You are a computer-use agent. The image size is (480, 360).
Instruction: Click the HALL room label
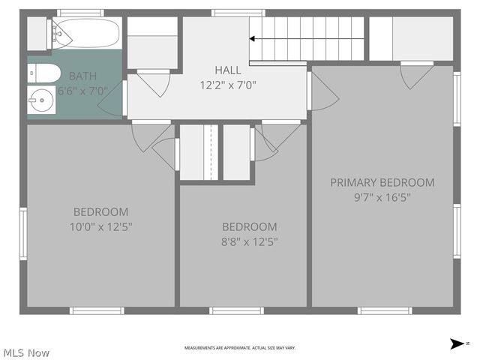point(228,70)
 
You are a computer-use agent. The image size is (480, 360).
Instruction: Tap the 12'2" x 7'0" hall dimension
point(228,85)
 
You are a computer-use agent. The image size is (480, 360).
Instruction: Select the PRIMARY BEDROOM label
point(382,182)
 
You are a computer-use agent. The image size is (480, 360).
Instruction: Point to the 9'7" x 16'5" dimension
point(382,197)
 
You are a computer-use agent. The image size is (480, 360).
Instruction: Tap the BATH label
point(82,76)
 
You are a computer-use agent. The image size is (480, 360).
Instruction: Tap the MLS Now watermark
point(26,352)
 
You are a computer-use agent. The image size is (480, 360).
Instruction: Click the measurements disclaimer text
point(240,348)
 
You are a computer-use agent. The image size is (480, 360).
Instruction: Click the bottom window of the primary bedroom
point(385,310)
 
